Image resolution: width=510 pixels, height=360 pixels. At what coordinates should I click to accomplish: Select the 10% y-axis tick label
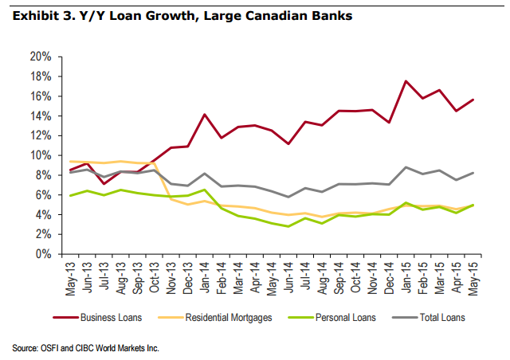[41, 155]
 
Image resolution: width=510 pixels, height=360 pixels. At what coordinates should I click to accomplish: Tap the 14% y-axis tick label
[41, 115]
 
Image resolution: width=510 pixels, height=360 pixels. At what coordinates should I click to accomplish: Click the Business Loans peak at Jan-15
[406, 81]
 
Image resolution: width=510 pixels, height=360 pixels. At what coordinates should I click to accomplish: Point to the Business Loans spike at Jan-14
[206, 115]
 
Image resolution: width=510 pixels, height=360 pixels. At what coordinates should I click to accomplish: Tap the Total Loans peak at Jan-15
[406, 167]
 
